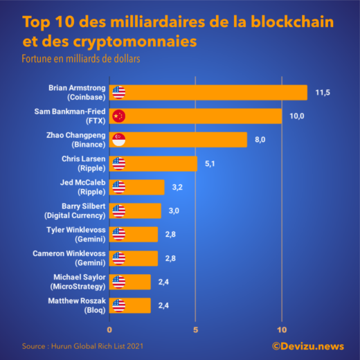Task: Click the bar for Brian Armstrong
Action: [208, 92]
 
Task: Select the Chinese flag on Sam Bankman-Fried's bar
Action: [118, 116]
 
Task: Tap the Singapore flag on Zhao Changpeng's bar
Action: [118, 140]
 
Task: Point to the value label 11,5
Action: [323, 92]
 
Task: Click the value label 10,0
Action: [297, 116]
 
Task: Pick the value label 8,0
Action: [260, 140]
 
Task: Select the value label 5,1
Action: [211, 163]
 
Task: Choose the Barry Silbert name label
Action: [78, 210]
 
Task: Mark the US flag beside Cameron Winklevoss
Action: [118, 258]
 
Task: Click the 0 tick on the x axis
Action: [109, 328]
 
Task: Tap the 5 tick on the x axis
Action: [196, 328]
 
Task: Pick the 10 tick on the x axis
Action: [282, 328]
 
